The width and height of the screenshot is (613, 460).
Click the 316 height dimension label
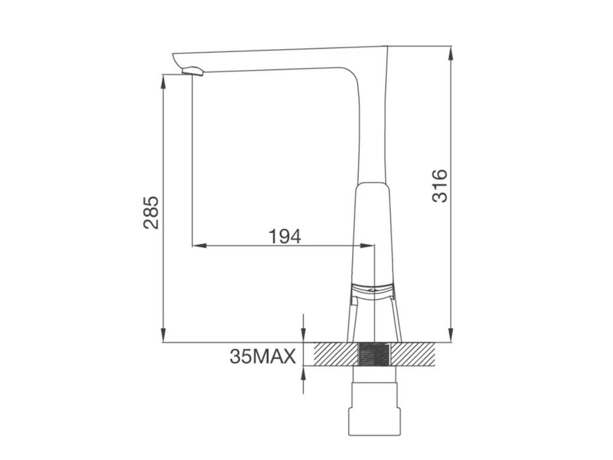[440, 186]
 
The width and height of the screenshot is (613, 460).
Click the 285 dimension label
[151, 213]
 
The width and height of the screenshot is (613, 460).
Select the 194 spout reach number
[285, 236]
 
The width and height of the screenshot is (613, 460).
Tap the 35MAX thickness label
[263, 356]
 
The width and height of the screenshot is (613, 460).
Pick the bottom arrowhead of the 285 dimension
[163, 335]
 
